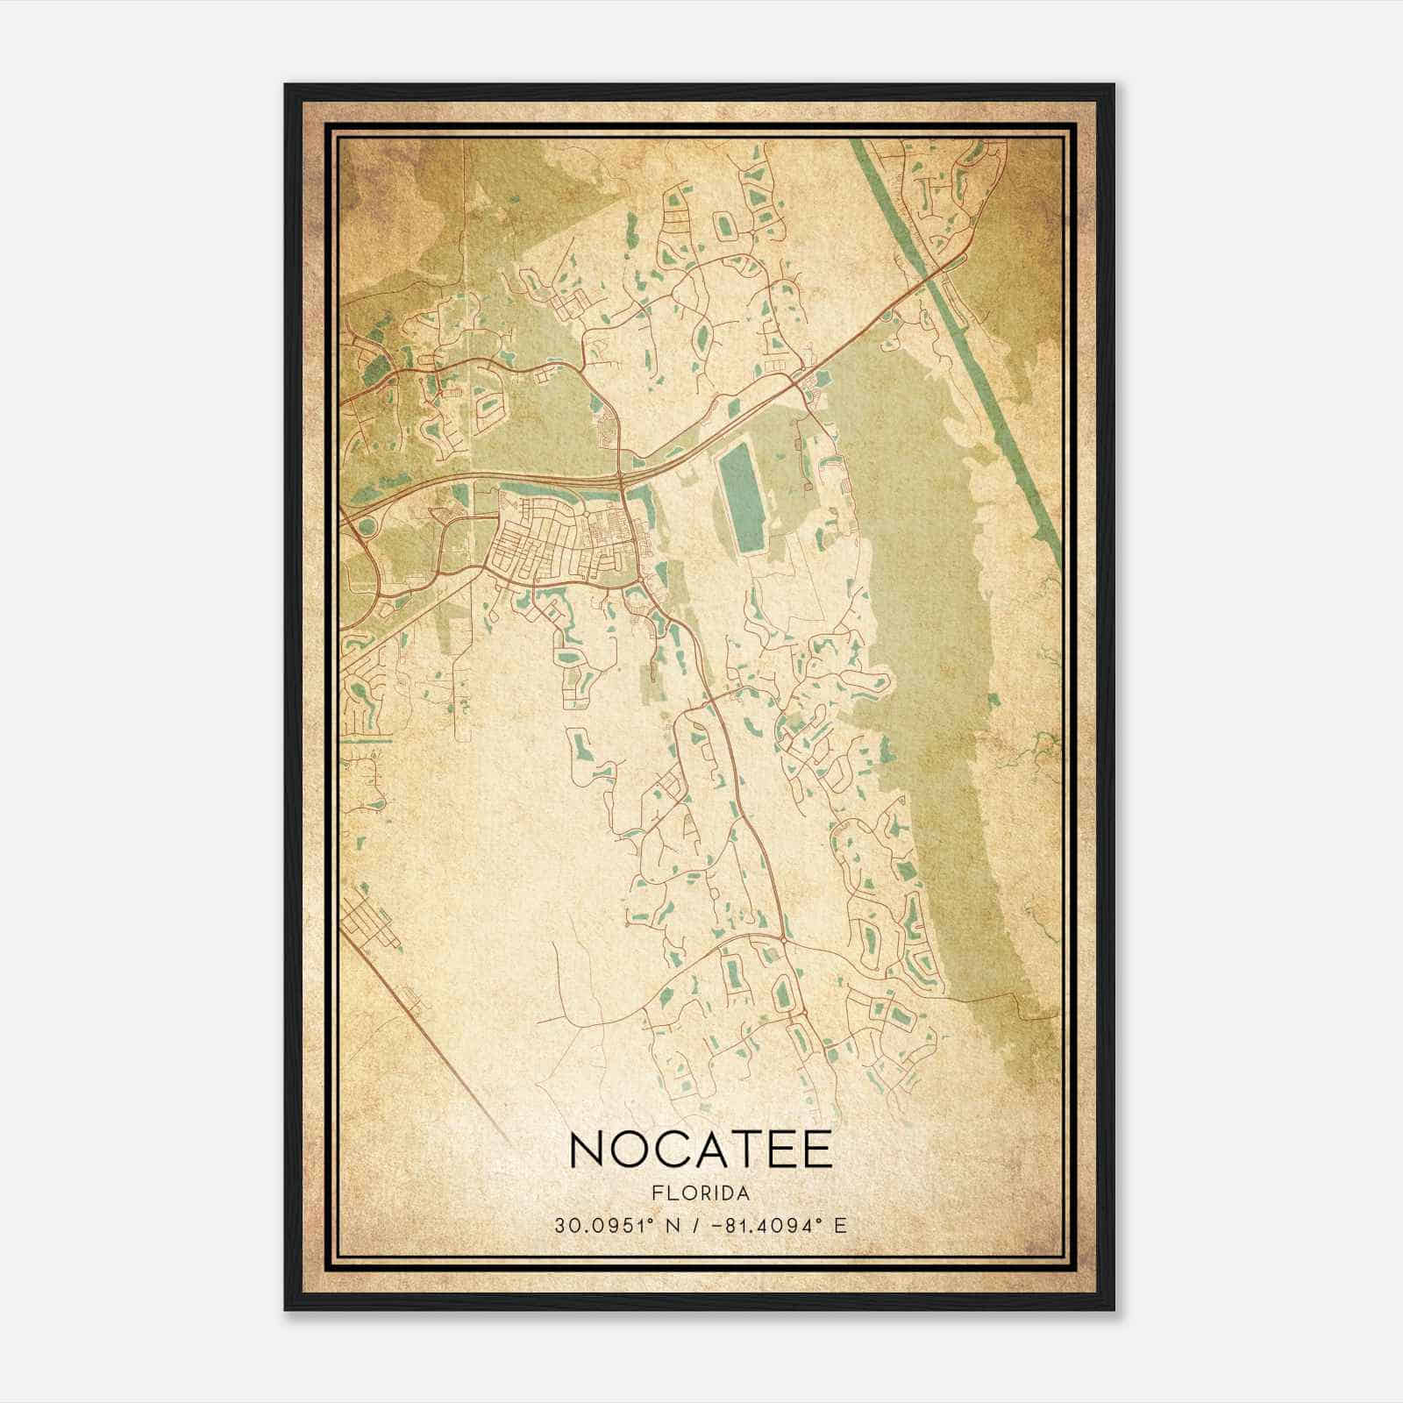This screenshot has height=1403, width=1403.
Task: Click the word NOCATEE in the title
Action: point(701,1150)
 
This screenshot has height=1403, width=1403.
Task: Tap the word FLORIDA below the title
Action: point(701,1193)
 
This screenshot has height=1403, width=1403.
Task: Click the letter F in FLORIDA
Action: point(656,1193)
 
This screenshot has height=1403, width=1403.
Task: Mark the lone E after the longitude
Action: point(841,1225)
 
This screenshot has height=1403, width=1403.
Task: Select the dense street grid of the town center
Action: point(561,545)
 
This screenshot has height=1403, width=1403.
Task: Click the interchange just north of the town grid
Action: point(621,478)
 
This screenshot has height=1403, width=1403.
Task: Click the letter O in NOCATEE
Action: point(630,1150)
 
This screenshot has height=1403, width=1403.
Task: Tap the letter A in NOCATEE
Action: point(710,1150)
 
